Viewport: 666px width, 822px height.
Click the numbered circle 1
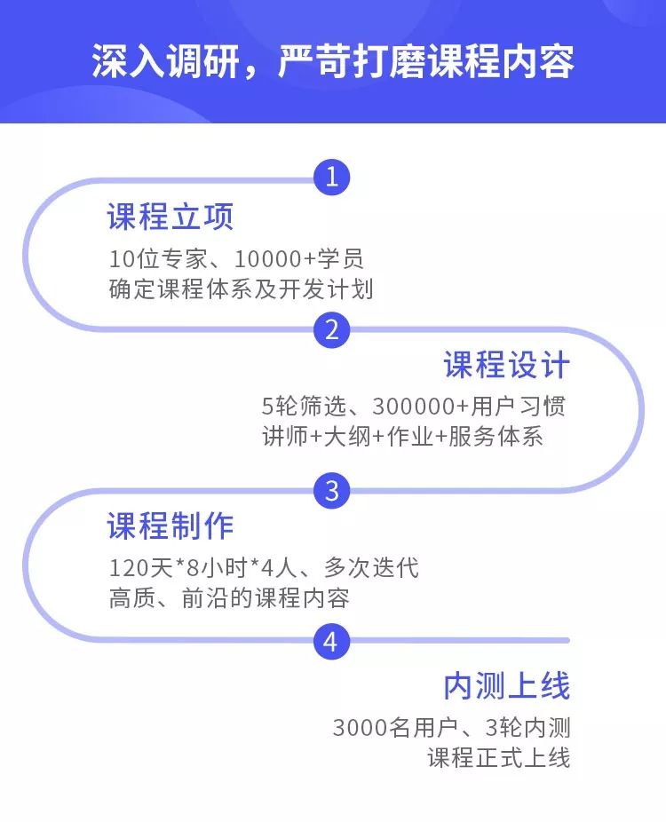pyautogui.click(x=332, y=178)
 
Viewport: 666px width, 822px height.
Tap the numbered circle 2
pyautogui.click(x=332, y=330)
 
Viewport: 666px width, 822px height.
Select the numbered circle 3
pyautogui.click(x=332, y=490)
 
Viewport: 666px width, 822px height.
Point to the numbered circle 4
pyautogui.click(x=331, y=641)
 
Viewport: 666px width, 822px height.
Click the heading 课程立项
pyautogui.click(x=170, y=217)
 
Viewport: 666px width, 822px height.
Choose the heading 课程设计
pyautogui.click(x=506, y=366)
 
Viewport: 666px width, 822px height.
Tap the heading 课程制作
pyautogui.click(x=170, y=526)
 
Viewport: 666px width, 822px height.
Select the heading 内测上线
pyautogui.click(x=506, y=686)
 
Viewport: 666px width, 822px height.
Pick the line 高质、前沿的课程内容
pyautogui.click(x=229, y=597)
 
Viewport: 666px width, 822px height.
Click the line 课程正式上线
pyautogui.click(x=498, y=759)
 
